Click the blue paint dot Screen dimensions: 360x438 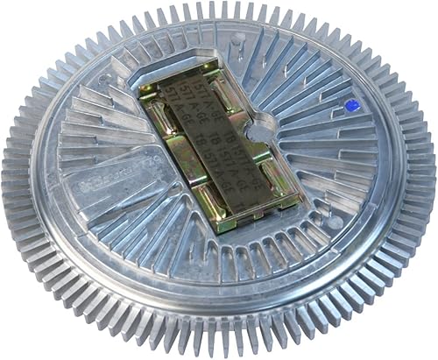[x=351, y=106]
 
